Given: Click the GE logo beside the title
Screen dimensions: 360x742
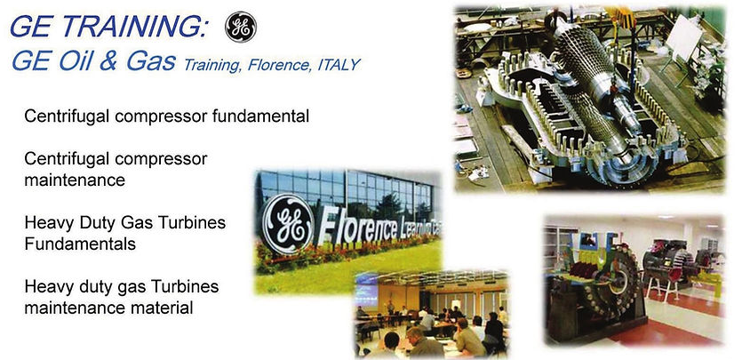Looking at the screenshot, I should (x=240, y=27).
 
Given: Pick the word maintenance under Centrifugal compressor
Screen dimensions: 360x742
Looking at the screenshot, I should (x=75, y=179).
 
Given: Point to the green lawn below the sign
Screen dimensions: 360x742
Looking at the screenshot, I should (x=338, y=277).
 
